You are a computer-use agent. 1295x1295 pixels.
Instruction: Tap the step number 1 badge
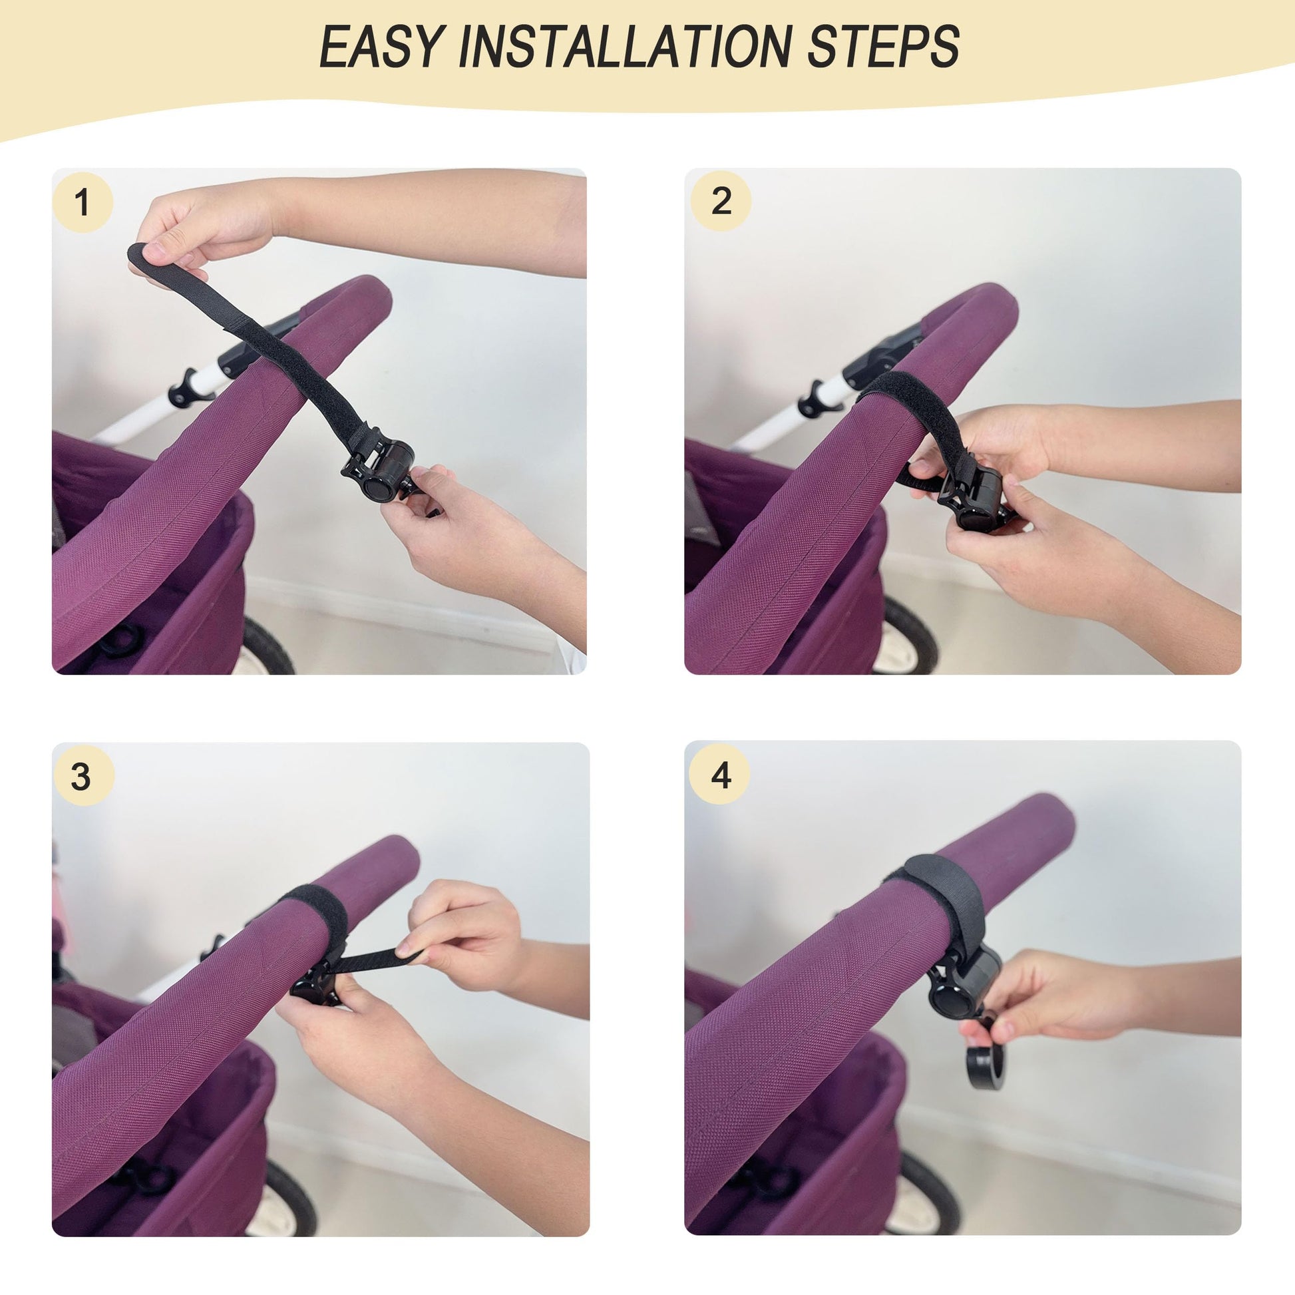click(83, 202)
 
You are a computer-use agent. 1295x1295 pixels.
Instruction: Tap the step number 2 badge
click(721, 200)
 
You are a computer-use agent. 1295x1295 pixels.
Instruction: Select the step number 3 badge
click(81, 776)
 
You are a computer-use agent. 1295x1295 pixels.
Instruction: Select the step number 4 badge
click(721, 775)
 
